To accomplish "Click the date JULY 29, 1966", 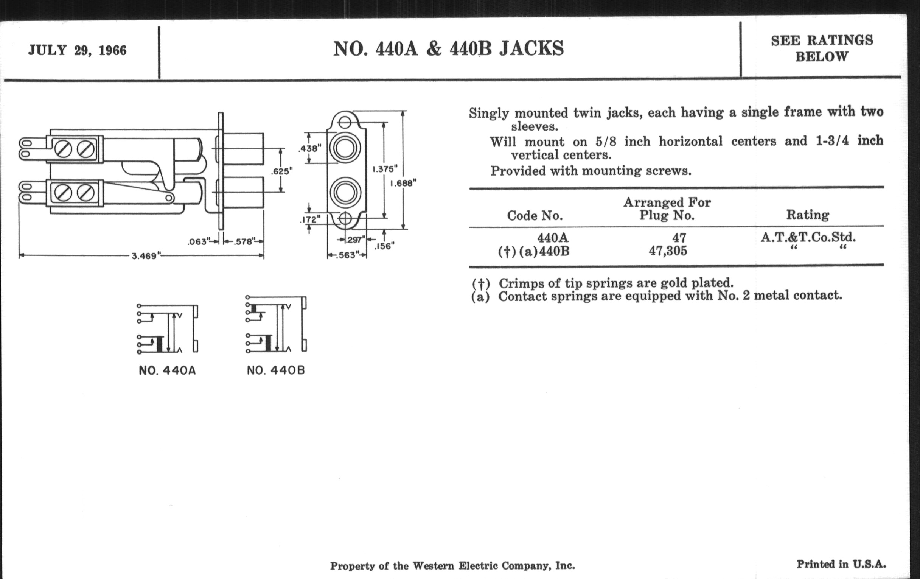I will coord(77,50).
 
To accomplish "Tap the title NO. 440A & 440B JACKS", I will coord(448,49).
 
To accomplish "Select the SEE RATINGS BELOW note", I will coord(822,48).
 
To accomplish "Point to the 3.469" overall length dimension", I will coord(145,256).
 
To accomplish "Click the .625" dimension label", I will coord(282,171).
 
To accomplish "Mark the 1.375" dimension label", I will coord(385,169).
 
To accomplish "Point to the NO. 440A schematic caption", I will coord(167,371).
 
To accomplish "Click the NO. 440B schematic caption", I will coord(276,370).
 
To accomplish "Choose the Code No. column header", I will coord(535,216).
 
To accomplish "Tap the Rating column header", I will coord(807,215).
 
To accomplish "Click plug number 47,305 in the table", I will coord(668,251).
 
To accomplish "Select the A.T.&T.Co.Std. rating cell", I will coord(808,237).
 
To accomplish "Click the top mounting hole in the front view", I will coord(345,122).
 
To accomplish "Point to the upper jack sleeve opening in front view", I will coord(345,148).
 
